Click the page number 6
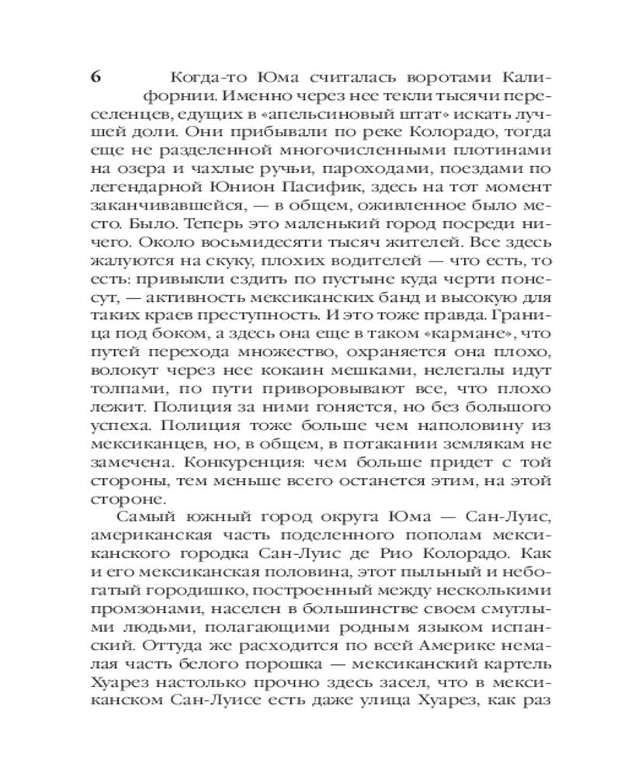pyautogui.click(x=95, y=78)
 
